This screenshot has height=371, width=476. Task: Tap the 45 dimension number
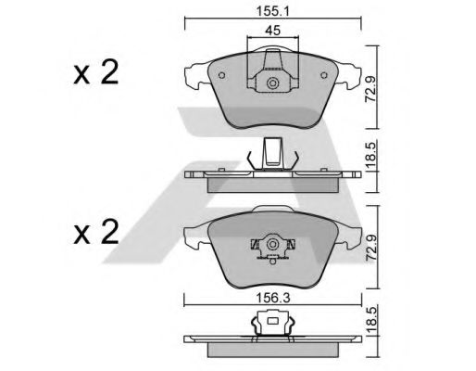coord(273,31)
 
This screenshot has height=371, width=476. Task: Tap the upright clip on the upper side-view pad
coord(272,153)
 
